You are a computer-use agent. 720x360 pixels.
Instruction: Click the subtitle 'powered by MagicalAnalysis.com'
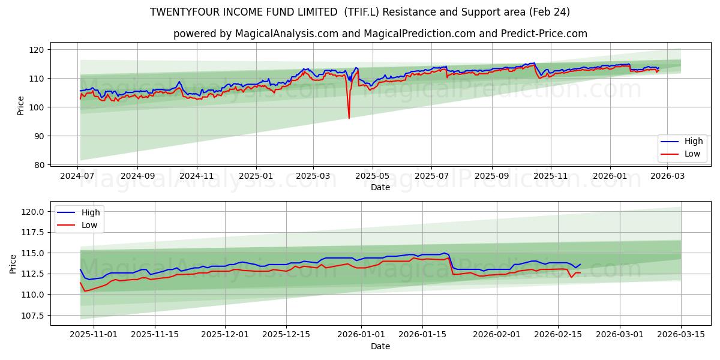point(380,34)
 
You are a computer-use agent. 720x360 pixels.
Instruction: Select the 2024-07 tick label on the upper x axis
point(78,176)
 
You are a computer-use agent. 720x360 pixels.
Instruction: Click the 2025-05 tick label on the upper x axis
point(373,176)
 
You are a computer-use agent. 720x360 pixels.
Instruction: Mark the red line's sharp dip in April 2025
point(349,118)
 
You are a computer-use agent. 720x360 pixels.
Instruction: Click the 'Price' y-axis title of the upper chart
point(21,106)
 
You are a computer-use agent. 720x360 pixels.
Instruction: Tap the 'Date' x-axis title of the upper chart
point(380,187)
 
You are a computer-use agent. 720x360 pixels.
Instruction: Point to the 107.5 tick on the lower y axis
point(33,315)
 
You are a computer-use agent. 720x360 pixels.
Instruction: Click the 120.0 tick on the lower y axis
point(33,211)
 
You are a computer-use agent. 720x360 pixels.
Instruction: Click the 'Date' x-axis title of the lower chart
point(380,346)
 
